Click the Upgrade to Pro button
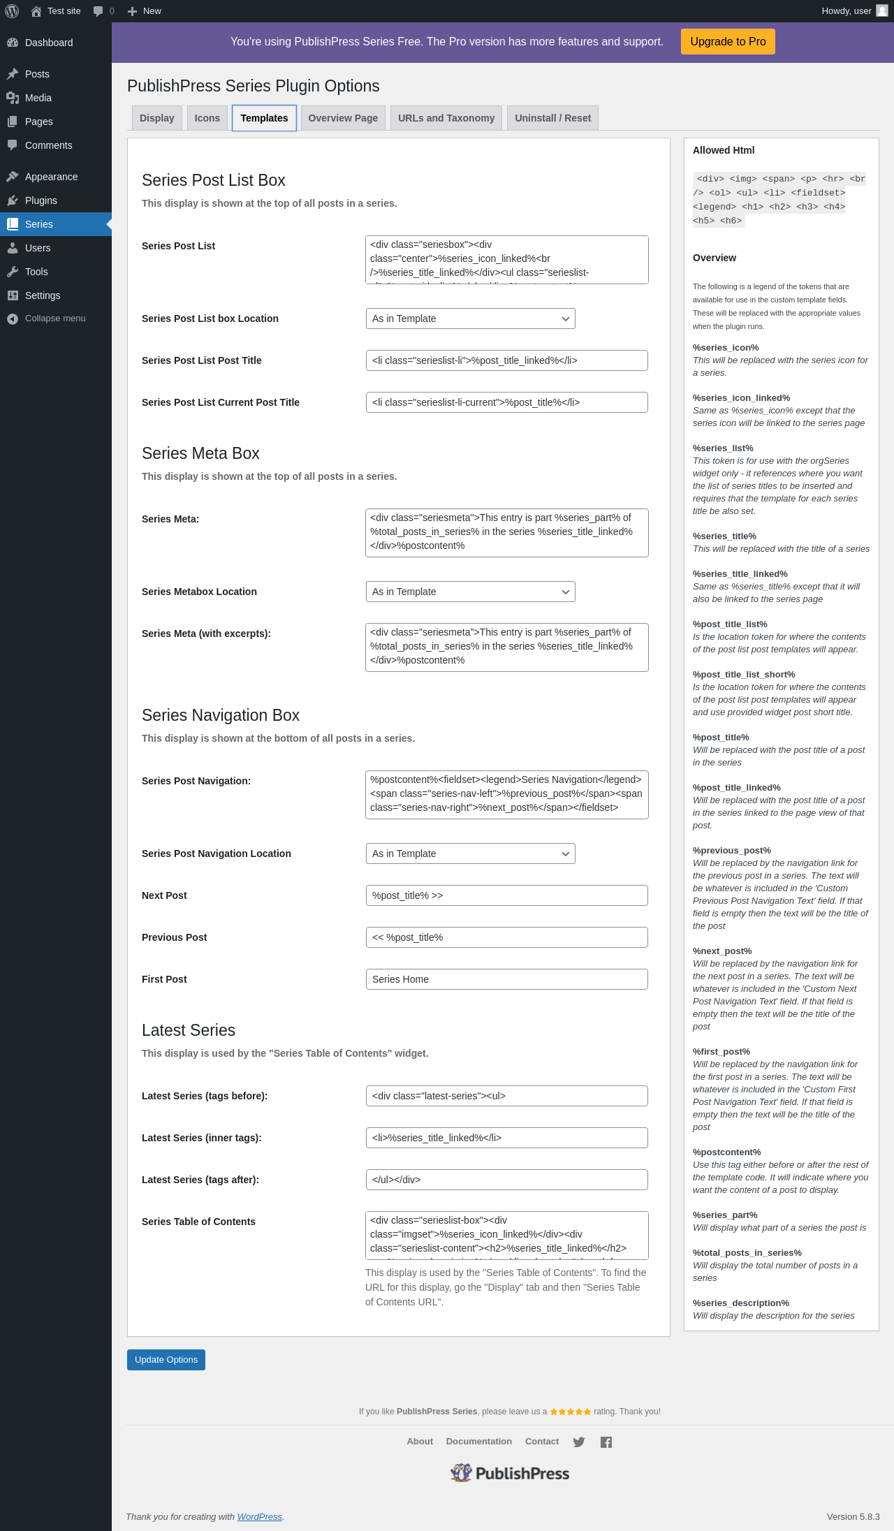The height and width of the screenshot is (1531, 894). click(x=728, y=42)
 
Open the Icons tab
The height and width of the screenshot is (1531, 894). click(x=207, y=118)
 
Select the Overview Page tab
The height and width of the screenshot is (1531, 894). click(x=343, y=118)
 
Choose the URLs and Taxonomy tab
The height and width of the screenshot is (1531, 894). click(x=446, y=118)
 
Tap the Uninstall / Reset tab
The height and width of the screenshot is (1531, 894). click(x=552, y=118)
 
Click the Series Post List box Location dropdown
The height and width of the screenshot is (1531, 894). click(x=470, y=318)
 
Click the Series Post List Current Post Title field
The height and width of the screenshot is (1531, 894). click(x=506, y=402)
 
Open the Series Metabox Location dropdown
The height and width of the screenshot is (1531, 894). click(x=470, y=592)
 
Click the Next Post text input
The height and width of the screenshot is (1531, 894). click(x=506, y=895)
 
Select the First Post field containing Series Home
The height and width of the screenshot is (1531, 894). click(x=506, y=979)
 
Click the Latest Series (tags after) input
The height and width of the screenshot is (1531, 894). click(x=506, y=1180)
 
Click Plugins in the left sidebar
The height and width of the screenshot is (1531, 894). click(x=41, y=200)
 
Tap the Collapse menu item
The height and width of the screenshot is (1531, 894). click(x=55, y=318)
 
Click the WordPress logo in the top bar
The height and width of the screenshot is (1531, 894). click(x=12, y=11)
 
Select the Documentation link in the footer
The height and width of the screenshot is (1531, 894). click(x=479, y=1442)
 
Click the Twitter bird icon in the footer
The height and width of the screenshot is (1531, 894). click(x=579, y=1442)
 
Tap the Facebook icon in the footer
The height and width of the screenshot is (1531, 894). click(x=606, y=1442)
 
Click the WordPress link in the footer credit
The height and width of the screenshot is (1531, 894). click(x=259, y=1516)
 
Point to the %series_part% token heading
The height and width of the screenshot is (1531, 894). click(x=725, y=1215)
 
